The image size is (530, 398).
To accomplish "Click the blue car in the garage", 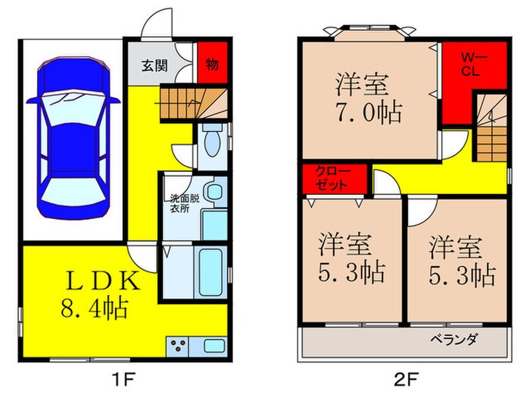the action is tap(73, 138).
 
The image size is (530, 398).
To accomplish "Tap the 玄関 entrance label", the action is tap(154, 66).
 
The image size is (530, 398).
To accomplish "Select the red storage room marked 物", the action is tap(212, 62).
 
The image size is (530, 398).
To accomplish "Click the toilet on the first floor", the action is tap(212, 141).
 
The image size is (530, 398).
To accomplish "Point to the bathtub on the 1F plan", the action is tap(210, 272).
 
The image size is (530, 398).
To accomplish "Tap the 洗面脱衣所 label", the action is tap(179, 203).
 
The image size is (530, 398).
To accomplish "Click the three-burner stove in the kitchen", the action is tap(177, 346).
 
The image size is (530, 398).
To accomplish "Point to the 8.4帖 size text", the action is tap(95, 307).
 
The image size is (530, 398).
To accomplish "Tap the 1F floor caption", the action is tap(123, 379).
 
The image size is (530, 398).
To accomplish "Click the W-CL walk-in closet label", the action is tap(472, 65).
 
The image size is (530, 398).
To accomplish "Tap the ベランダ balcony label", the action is tap(454, 339).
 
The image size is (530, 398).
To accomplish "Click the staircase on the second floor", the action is tap(492, 127).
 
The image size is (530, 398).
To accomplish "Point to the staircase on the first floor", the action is tap(194, 103).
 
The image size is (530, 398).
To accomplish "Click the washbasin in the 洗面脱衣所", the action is tap(214, 192).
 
